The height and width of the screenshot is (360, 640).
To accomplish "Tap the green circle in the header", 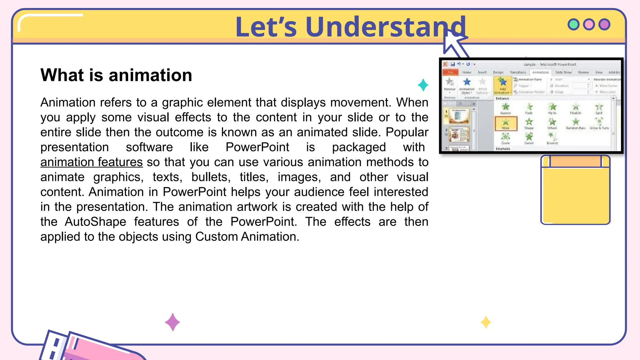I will (x=573, y=24).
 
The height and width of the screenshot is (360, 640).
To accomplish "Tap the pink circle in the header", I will (x=589, y=24).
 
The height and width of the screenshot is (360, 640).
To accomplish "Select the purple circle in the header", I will (x=604, y=24).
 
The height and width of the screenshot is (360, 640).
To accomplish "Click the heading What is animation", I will (x=116, y=75).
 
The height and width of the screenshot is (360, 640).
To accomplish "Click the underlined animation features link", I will (x=92, y=162).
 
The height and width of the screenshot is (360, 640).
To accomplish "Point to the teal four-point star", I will (x=423, y=85).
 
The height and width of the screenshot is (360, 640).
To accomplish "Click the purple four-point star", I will (x=172, y=322).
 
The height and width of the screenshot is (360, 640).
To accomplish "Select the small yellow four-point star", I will (x=486, y=322).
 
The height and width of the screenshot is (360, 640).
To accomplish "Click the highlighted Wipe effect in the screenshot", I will (x=506, y=123).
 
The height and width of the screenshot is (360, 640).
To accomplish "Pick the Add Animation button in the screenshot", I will (x=502, y=85).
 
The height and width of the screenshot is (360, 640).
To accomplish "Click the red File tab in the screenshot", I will (x=450, y=72).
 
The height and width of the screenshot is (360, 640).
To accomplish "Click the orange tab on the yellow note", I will (x=575, y=162).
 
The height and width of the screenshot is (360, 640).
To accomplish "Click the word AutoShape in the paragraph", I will (x=95, y=222).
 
